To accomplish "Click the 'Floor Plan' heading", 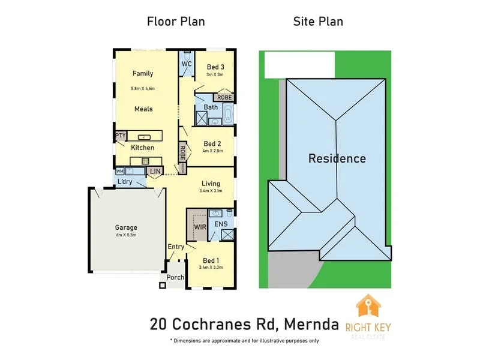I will [176, 22].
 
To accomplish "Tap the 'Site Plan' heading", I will [318, 22].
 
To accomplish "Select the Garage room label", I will [126, 227].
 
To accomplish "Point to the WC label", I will [187, 64].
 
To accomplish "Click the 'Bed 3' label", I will [215, 67].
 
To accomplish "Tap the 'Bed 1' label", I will [211, 260].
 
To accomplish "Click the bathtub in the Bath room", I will [229, 114].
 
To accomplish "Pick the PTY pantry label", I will [120, 136].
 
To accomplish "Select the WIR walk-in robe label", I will [199, 227].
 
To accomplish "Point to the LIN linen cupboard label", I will [155, 172].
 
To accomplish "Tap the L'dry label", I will [125, 181].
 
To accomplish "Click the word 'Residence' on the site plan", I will [337, 159].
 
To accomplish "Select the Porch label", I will [175, 277].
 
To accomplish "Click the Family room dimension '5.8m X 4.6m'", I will [143, 89].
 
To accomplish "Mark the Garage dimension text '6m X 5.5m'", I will [126, 235].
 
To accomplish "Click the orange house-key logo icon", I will [368, 308].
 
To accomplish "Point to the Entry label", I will [176, 247].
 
